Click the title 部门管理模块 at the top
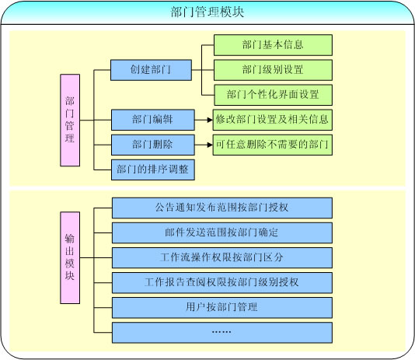(x=207, y=12)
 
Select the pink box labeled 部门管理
(x=70, y=121)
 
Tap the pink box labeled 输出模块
(x=70, y=257)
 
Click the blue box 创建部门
(x=151, y=70)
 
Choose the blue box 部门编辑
(x=153, y=120)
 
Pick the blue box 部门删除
(x=153, y=145)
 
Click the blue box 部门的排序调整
(x=153, y=170)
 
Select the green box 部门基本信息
(x=273, y=45)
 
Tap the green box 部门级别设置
(x=273, y=70)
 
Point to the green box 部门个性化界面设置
(x=273, y=95)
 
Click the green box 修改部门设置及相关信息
(x=272, y=120)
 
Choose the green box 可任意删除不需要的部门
(x=272, y=145)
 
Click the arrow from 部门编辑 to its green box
(x=204, y=120)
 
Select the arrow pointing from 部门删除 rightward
(x=204, y=145)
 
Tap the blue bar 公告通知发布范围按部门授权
(x=222, y=208)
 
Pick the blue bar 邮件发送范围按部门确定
(x=222, y=232)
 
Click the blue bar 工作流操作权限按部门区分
(x=222, y=258)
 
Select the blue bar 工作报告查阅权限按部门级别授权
(x=222, y=283)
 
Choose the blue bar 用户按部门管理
(x=222, y=308)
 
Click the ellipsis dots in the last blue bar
(x=221, y=332)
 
